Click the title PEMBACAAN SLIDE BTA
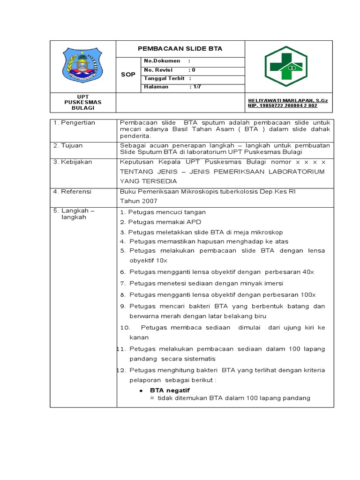pos(180,49)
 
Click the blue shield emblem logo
pos(82,66)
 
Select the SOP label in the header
pos(128,75)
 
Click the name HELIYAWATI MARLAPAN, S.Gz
pos(288,101)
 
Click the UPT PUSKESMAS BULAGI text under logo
pos(82,102)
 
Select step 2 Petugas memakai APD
pos(160,222)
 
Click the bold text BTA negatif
pos(170,390)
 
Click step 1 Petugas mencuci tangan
pos(163,212)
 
